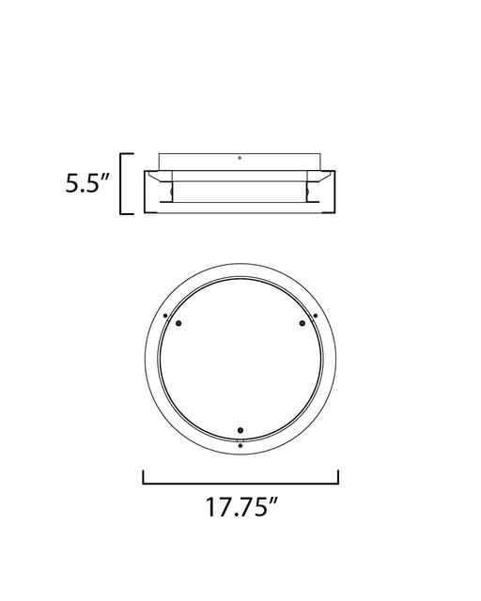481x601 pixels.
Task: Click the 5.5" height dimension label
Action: [x=87, y=183]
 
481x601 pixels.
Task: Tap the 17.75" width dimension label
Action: [x=241, y=507]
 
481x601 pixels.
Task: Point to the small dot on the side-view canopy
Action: [x=240, y=158]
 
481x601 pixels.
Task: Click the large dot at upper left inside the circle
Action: [x=178, y=323]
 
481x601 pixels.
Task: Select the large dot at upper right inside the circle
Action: [x=303, y=323]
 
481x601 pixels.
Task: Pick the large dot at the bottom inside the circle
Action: [x=240, y=430]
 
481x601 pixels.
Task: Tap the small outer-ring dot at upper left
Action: [x=165, y=316]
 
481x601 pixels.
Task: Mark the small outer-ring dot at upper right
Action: [x=316, y=316]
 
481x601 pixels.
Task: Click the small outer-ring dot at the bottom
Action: [x=240, y=445]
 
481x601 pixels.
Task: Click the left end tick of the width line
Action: [x=143, y=477]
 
